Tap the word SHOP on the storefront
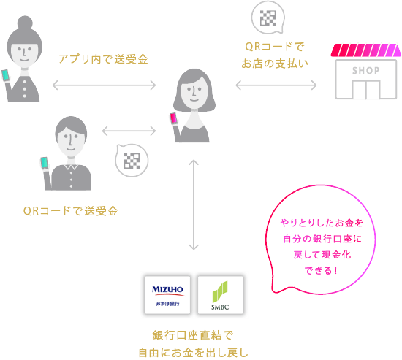point(365,71)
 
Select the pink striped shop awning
point(366,51)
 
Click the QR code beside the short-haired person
point(132,161)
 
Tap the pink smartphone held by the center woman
point(174,118)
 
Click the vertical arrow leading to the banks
point(194,206)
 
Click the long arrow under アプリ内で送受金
point(105,86)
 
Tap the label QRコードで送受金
point(70,211)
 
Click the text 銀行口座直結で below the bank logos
point(194,335)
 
